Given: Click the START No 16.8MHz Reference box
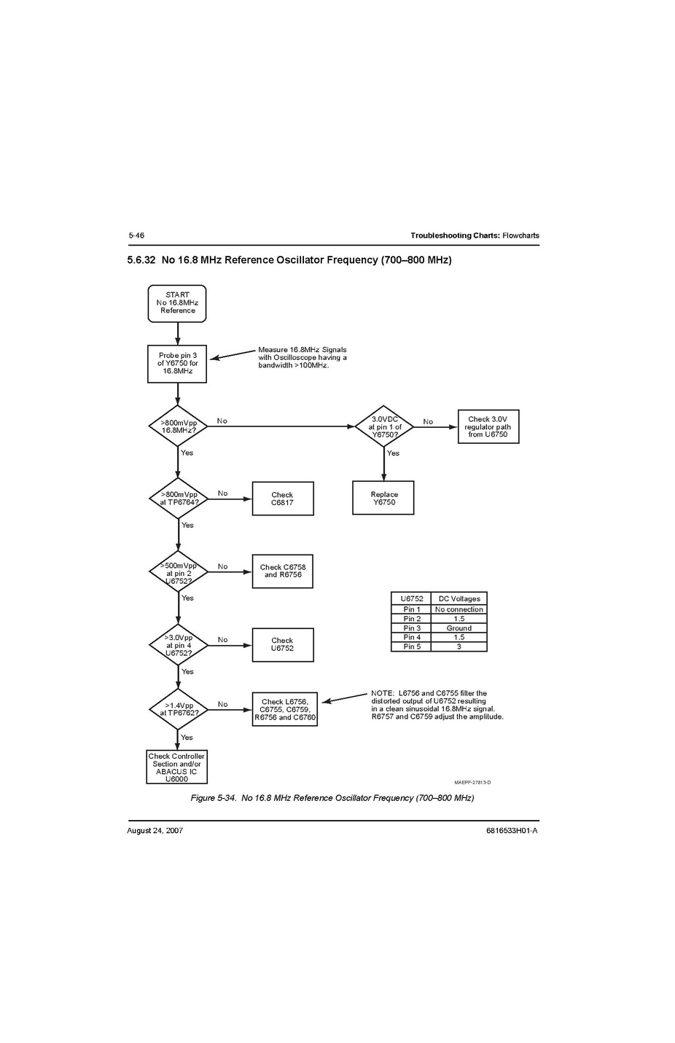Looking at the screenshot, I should coord(177,303).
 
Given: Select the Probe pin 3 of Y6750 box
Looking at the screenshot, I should coord(177,364).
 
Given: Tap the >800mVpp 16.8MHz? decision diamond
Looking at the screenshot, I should coord(178,426).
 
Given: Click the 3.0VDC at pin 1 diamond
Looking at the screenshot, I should coord(384,426).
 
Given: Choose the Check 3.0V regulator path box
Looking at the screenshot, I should coord(488,426).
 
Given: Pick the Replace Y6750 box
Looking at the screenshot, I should coord(383,498).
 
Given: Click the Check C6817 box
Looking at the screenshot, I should coord(283,499).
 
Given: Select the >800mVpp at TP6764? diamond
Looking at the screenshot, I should coord(178,499).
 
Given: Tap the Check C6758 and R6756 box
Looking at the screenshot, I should coord(283,571).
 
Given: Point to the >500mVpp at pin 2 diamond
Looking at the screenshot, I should coord(178,572).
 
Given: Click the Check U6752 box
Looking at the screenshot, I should coord(283,645).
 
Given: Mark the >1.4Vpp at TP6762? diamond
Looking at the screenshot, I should coord(178,709).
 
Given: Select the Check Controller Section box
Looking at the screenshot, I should coord(176,767).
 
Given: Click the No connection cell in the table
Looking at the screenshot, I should coord(459,609).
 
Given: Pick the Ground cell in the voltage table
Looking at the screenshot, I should coord(459,628).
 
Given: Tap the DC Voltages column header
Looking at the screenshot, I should coord(459,598).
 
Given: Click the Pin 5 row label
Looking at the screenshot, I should coord(412,646).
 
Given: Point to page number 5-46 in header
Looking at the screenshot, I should coord(136,235).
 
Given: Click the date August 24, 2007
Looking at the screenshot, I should coord(155,830).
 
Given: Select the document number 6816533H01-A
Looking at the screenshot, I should coord(512,830).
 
